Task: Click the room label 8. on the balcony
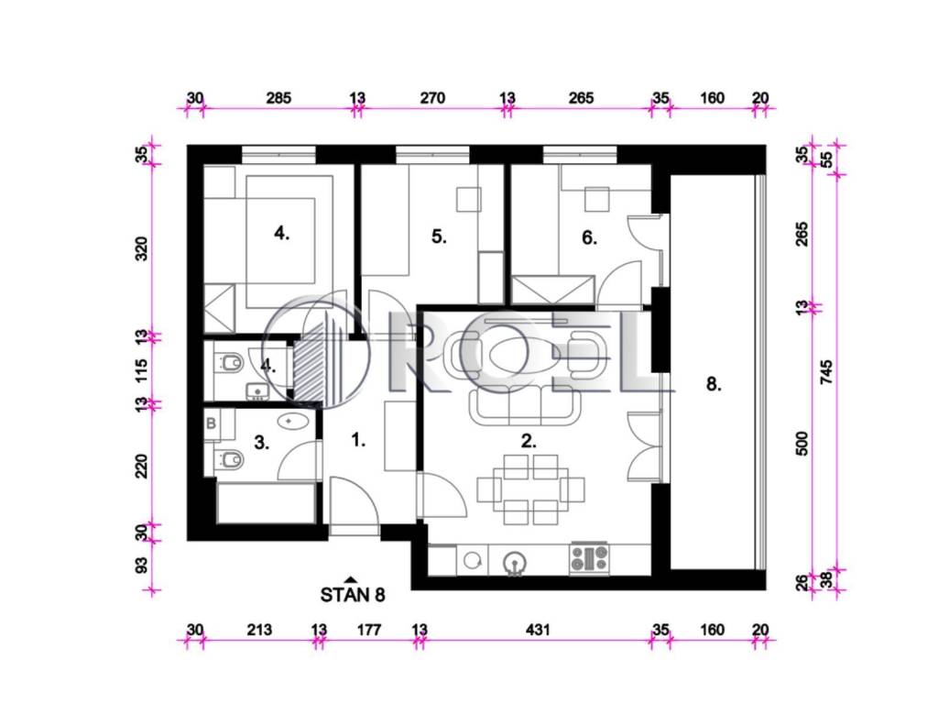click(x=713, y=384)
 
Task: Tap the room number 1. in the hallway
click(x=358, y=441)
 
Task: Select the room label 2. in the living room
click(x=529, y=441)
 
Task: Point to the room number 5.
click(x=439, y=236)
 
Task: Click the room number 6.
click(x=589, y=237)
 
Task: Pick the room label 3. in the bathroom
click(x=261, y=443)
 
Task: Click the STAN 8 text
click(x=353, y=594)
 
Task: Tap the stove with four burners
click(x=590, y=558)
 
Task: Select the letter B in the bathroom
click(x=212, y=423)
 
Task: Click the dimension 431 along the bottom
click(x=537, y=629)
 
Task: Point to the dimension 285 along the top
click(x=278, y=97)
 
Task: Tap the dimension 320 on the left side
click(x=141, y=248)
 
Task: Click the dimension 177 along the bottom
click(x=369, y=629)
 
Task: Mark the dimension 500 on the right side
click(x=802, y=443)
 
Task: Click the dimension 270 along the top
click(x=432, y=97)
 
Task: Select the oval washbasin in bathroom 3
click(x=293, y=421)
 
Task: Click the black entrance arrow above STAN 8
click(x=351, y=579)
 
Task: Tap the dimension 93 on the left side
click(x=141, y=565)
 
